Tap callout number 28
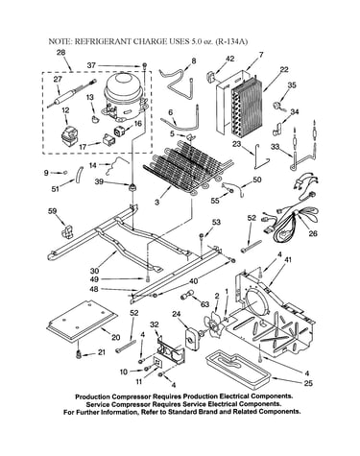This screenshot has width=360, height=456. click(x=61, y=53)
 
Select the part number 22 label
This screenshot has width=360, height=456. click(x=284, y=69)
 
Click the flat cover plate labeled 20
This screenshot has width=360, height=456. click(x=83, y=319)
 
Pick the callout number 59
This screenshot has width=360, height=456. click(x=52, y=211)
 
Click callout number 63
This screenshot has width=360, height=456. click(x=204, y=303)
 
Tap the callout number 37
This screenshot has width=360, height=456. click(x=91, y=65)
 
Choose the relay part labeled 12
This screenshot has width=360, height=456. click(x=69, y=137)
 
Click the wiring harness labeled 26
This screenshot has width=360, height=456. click(x=290, y=208)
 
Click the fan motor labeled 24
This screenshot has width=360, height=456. click(x=192, y=339)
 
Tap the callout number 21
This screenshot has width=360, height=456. click(x=102, y=352)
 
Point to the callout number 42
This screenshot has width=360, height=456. click(x=229, y=59)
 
